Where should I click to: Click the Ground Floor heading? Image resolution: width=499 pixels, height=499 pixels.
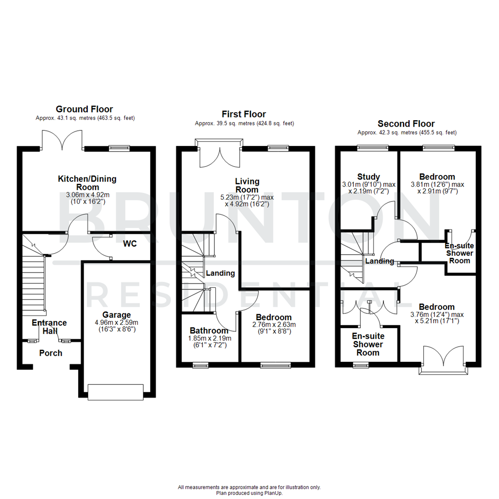point(84,109)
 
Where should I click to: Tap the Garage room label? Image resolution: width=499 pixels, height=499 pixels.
point(107,315)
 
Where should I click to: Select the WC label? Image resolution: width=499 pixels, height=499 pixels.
point(130,243)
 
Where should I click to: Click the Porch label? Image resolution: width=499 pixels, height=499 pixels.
point(50,353)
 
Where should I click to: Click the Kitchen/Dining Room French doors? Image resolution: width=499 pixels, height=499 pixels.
point(62,140)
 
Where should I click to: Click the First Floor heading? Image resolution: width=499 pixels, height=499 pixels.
point(244,114)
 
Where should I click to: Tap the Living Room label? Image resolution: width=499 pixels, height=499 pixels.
point(247,185)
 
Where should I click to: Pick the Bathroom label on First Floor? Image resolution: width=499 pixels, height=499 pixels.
point(209,331)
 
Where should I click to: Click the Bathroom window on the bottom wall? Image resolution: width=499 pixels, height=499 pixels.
point(201,365)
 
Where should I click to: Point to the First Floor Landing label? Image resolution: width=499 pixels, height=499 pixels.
point(220,273)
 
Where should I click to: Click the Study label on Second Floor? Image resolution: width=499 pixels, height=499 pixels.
point(369,176)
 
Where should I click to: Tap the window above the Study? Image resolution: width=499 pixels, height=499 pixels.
point(372,148)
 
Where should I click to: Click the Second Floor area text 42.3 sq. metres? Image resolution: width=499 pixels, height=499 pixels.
point(407,133)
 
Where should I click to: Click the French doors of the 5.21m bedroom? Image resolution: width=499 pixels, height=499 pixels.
point(443,360)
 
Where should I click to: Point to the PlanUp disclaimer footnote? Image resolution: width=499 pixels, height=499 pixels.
point(249,490)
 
